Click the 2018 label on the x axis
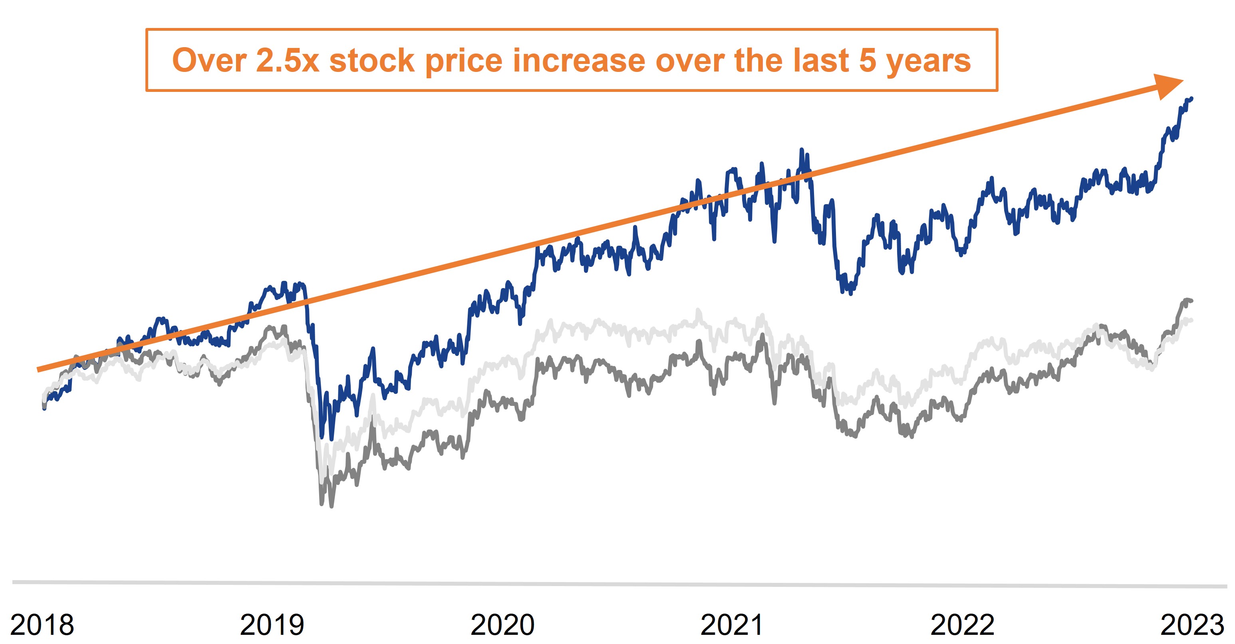tap(42, 625)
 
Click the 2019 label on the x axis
tap(272, 625)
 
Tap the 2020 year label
tap(502, 625)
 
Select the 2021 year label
tap(732, 625)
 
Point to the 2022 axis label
tap(962, 625)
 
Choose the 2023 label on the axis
tap(1192, 625)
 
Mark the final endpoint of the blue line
tap(1191, 98)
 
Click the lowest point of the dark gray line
tap(331, 506)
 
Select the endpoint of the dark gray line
tap(1191, 301)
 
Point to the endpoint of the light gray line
tap(1191, 320)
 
